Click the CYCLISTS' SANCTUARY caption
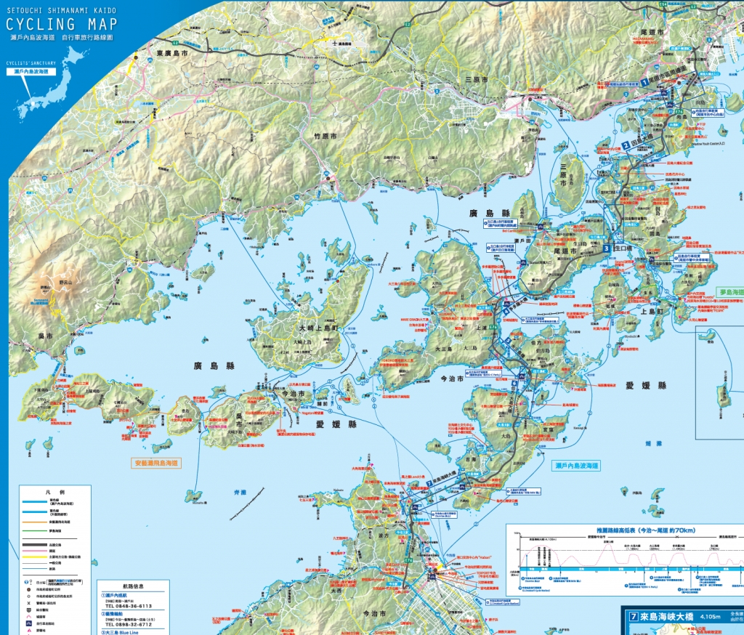tap(31, 62)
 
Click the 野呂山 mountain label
tap(66, 282)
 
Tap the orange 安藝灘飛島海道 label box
tap(156, 462)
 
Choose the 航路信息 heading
tap(132, 586)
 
